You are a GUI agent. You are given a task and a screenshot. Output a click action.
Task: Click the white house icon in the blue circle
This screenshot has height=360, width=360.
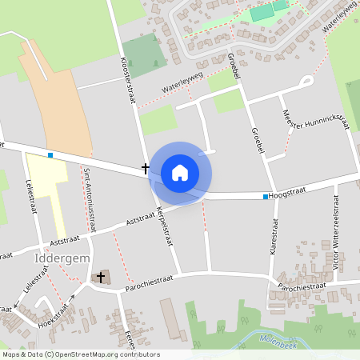click(180, 172)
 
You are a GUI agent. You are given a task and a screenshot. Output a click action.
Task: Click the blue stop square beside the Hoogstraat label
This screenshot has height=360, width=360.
click(266, 196)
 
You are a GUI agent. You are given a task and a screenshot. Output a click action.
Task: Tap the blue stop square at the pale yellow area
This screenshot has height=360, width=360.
click(50, 155)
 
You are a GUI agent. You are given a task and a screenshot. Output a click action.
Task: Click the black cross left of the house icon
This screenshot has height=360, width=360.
click(146, 168)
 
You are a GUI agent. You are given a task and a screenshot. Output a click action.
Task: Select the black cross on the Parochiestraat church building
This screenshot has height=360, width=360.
click(101, 277)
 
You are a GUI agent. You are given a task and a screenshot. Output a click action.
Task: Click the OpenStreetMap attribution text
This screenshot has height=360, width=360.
click(80, 354)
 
